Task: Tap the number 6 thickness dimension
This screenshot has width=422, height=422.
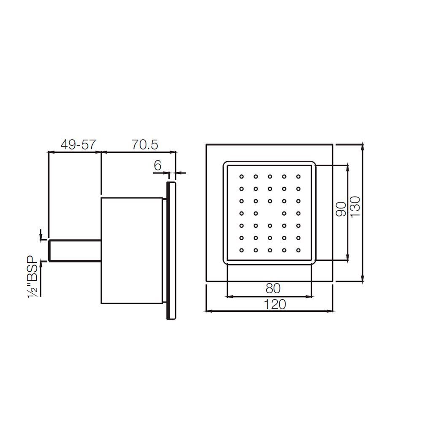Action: tap(157, 165)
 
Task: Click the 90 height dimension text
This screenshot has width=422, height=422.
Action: tap(341, 209)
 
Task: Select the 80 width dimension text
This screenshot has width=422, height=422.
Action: tap(273, 289)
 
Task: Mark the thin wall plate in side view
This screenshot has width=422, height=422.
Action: tap(171, 251)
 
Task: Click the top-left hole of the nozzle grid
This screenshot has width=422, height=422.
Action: tap(242, 176)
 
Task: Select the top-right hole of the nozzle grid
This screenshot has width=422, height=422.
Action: tap(298, 176)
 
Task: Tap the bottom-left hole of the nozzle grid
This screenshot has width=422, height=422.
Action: tap(242, 250)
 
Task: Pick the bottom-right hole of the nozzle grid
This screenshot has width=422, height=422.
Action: tap(298, 250)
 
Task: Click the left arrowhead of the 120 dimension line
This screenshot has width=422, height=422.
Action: tap(207, 311)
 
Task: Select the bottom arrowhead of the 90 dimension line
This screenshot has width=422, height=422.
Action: tap(348, 260)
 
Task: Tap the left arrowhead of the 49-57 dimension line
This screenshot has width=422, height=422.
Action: tap(51, 152)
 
